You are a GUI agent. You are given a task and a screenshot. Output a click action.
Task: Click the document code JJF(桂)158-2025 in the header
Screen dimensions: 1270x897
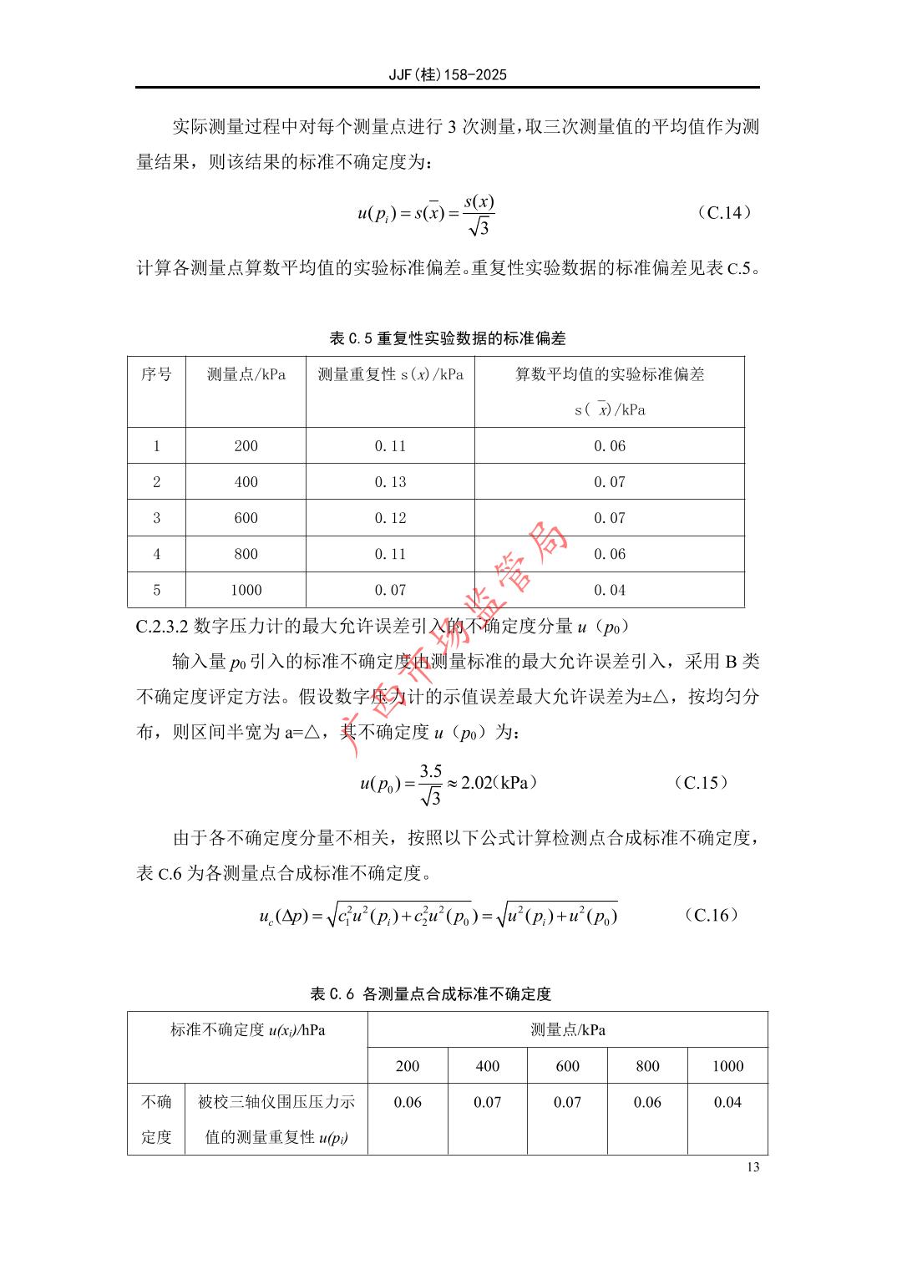click(x=448, y=74)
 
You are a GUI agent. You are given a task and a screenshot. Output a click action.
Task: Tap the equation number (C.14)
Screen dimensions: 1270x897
click(x=724, y=212)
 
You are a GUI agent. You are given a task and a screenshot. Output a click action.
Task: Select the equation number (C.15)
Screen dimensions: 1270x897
click(x=701, y=783)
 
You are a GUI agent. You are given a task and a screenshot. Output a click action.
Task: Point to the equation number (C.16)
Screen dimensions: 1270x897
click(x=712, y=915)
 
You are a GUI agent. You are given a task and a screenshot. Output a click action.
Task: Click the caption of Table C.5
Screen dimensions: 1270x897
click(x=448, y=338)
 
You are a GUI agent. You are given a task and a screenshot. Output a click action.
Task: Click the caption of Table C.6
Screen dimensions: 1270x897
click(x=431, y=994)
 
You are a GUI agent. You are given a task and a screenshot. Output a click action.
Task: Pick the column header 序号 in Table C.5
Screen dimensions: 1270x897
click(x=156, y=374)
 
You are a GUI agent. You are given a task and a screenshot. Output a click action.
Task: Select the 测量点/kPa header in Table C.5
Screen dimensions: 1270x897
click(x=246, y=374)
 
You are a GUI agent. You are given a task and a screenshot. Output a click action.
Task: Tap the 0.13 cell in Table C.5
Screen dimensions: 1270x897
click(x=390, y=482)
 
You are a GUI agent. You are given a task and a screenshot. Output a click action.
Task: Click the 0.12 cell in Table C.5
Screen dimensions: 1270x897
click(x=390, y=518)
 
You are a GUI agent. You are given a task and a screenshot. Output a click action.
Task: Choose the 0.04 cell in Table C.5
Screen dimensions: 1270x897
click(x=610, y=590)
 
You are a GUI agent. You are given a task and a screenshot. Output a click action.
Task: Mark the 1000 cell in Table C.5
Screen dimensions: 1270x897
click(x=246, y=590)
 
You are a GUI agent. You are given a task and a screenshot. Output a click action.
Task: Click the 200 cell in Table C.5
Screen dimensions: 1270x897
click(x=246, y=446)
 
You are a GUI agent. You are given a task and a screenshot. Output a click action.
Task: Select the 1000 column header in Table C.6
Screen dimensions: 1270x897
click(x=727, y=1066)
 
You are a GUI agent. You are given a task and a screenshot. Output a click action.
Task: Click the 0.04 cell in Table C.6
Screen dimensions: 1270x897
click(x=727, y=1102)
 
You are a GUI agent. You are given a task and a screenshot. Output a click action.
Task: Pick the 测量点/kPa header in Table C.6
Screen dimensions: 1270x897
click(x=568, y=1030)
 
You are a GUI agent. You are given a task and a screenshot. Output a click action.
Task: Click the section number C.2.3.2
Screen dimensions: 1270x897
click(x=162, y=626)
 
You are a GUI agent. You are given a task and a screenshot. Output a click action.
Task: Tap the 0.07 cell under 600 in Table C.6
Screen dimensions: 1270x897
click(x=567, y=1102)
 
